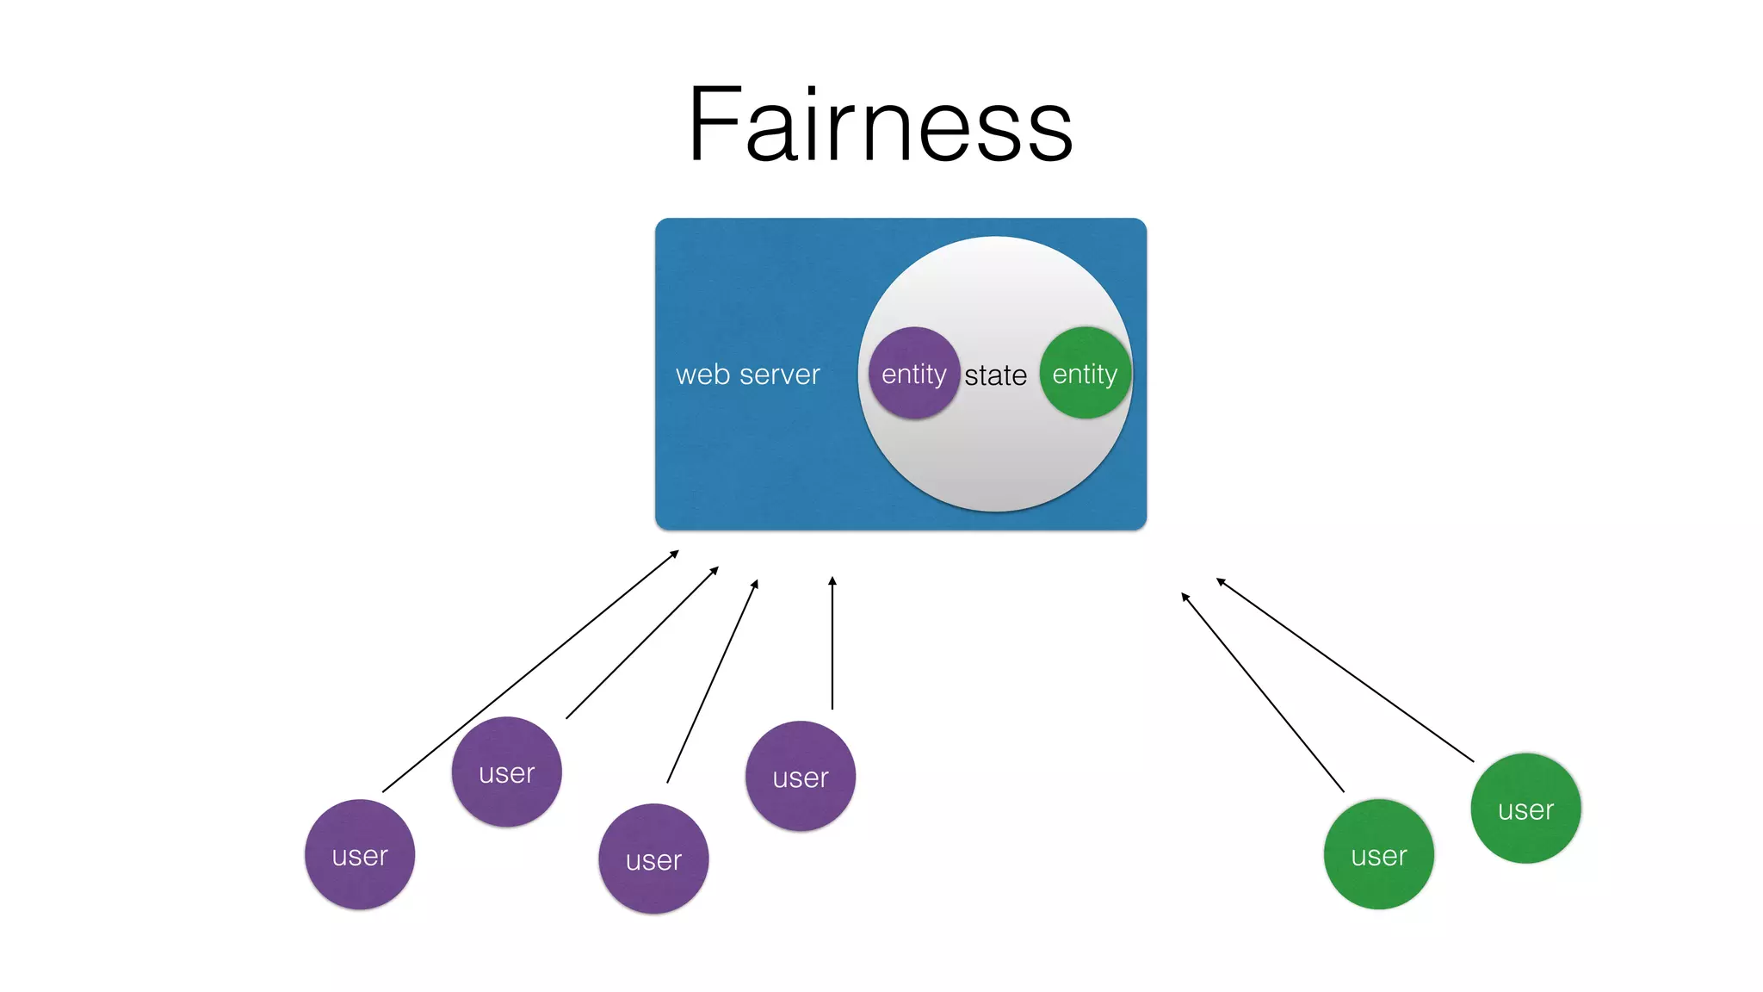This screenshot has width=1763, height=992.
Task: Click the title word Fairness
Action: pos(880,126)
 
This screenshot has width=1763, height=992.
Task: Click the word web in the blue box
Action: pos(702,375)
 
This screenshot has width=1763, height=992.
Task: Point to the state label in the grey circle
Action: pos(995,375)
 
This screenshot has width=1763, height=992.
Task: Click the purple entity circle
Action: pos(913,374)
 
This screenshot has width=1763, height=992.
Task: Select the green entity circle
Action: pos(1085,374)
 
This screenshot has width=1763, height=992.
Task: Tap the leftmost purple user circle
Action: pos(360,854)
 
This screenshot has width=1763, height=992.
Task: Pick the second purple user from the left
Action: pos(506,772)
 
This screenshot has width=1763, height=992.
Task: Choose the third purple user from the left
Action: pos(653,859)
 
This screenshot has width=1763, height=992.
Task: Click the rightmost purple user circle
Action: pos(801,776)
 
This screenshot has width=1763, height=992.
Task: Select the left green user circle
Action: pos(1378,854)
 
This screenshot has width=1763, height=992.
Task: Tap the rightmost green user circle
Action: pos(1525,809)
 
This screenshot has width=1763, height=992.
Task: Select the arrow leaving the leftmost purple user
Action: pos(530,672)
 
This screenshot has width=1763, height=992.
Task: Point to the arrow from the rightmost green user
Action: pos(1345,670)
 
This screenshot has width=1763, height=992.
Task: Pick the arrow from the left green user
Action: pos(1262,691)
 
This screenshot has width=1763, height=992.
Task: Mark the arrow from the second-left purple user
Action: pos(642,642)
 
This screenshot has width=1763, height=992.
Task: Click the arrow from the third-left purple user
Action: pos(712,681)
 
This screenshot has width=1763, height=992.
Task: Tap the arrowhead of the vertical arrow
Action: pos(832,581)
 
